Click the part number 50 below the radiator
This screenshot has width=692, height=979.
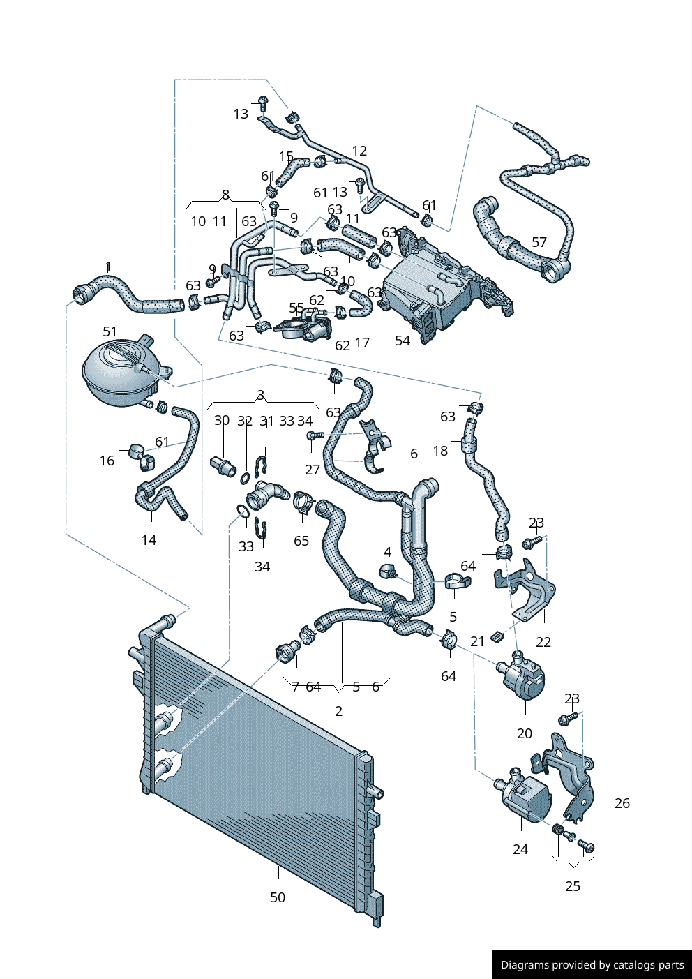point(278,897)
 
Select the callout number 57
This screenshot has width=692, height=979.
point(539,243)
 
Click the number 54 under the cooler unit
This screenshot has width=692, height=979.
point(403,341)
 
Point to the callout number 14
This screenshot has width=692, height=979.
point(149,540)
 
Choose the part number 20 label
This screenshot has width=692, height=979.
point(525,733)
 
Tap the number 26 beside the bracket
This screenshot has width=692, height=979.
point(622,803)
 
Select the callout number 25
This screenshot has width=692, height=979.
point(573,886)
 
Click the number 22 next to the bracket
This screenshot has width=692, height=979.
point(543,642)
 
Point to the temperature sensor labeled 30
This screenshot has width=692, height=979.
point(223,465)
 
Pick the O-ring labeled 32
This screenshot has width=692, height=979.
point(245,478)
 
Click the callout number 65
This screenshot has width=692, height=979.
point(301,541)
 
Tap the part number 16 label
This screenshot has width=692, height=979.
point(107,461)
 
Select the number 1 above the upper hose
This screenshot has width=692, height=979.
point(108,267)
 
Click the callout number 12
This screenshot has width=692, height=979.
point(359,151)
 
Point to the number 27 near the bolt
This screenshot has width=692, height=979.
point(313,470)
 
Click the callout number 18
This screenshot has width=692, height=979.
point(440,451)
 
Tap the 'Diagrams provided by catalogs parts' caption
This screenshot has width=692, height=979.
point(592,965)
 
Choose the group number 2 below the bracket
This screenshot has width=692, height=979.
point(339,711)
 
